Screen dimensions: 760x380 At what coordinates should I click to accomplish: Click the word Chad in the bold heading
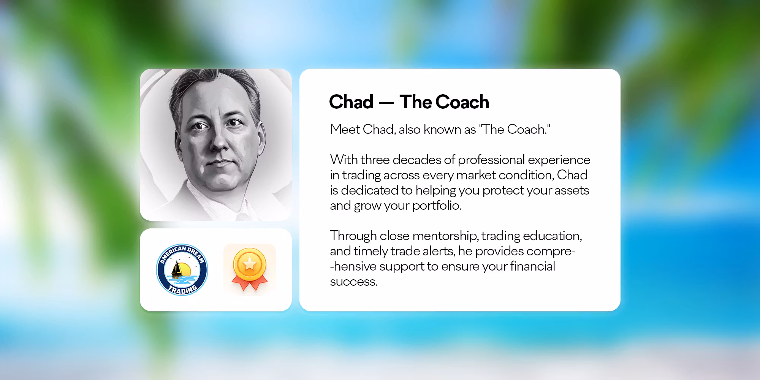[351, 102]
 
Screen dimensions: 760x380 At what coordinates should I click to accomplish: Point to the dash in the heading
[386, 103]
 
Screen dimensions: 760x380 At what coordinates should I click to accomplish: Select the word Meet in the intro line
[345, 129]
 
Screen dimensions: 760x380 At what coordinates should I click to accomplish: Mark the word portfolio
[437, 206]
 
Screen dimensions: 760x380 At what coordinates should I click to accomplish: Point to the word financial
[532, 266]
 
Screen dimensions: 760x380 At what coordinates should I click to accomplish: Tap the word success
[354, 282]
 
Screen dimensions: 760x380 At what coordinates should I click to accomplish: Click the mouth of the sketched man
[218, 162]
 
